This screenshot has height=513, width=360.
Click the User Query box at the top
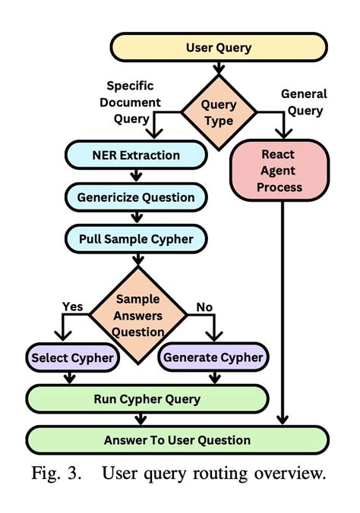[219, 48]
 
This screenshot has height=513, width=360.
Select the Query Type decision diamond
[219, 112]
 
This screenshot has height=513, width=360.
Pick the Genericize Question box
[136, 198]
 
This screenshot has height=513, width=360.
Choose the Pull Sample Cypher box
[136, 240]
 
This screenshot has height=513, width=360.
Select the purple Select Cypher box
[71, 357]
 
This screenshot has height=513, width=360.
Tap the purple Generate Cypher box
[213, 357]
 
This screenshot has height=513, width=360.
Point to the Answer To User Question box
[178, 439]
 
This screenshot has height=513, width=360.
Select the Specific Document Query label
[134, 102]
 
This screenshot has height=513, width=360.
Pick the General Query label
[304, 102]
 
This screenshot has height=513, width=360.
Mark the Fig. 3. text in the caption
[57, 474]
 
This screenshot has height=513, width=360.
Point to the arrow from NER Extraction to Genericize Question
[137, 176]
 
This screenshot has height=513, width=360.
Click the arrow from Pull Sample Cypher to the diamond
[137, 260]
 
